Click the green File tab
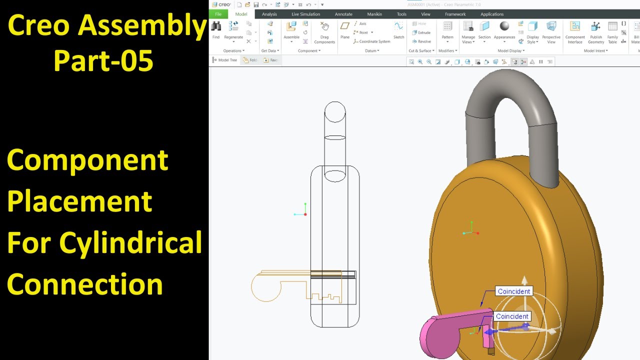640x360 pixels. [x=218, y=14]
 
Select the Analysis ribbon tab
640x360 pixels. [x=269, y=14]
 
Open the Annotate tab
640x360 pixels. [x=343, y=14]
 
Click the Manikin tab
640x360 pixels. [x=374, y=14]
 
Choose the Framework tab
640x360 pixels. [x=455, y=14]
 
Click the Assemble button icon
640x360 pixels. [x=291, y=27]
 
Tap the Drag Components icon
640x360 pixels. [x=324, y=27]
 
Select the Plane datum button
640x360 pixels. [x=345, y=27]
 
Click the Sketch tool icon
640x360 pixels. [x=398, y=27]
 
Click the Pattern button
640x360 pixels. [x=447, y=27]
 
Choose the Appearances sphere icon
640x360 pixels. [x=504, y=26]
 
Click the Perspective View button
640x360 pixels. [x=551, y=27]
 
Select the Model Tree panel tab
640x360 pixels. [x=224, y=60]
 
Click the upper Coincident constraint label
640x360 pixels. [x=513, y=291]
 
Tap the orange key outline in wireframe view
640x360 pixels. [x=265, y=287]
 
